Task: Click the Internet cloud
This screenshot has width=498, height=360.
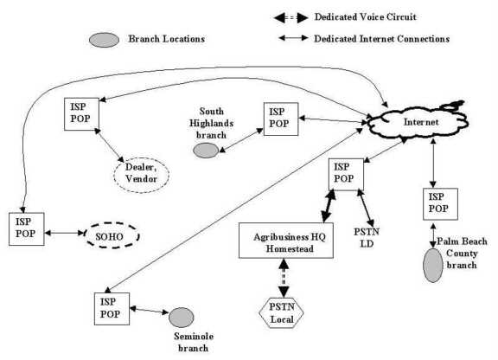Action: tap(418, 122)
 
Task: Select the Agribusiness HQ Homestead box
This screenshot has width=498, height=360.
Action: tap(286, 240)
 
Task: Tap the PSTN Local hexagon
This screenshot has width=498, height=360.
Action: tap(281, 312)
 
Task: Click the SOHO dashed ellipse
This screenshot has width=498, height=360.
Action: tap(112, 235)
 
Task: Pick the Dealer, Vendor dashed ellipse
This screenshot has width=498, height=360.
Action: tap(141, 175)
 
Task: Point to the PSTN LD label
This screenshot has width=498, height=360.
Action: tap(367, 238)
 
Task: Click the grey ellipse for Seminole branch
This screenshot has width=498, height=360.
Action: tap(181, 317)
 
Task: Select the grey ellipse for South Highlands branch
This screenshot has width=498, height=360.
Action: tap(206, 151)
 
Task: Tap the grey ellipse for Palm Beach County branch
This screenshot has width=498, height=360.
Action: tap(433, 266)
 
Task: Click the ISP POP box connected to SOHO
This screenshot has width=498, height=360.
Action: tap(26, 229)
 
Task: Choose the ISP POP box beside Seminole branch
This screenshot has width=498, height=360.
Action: tap(112, 308)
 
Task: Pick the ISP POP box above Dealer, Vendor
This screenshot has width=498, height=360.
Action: tap(81, 114)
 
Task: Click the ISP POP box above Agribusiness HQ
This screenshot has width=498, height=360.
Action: tap(346, 174)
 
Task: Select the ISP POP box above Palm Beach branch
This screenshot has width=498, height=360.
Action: tap(440, 204)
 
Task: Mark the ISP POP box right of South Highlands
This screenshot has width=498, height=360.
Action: tap(281, 119)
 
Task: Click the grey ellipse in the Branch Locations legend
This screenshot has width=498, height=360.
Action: tap(104, 40)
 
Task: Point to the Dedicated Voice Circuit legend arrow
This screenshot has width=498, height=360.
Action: tap(290, 18)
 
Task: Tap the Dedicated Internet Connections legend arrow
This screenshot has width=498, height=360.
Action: tap(293, 38)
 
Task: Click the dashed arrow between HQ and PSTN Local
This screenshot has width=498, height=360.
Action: tap(284, 278)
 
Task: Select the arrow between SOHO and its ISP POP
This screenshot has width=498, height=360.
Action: tap(64, 233)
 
